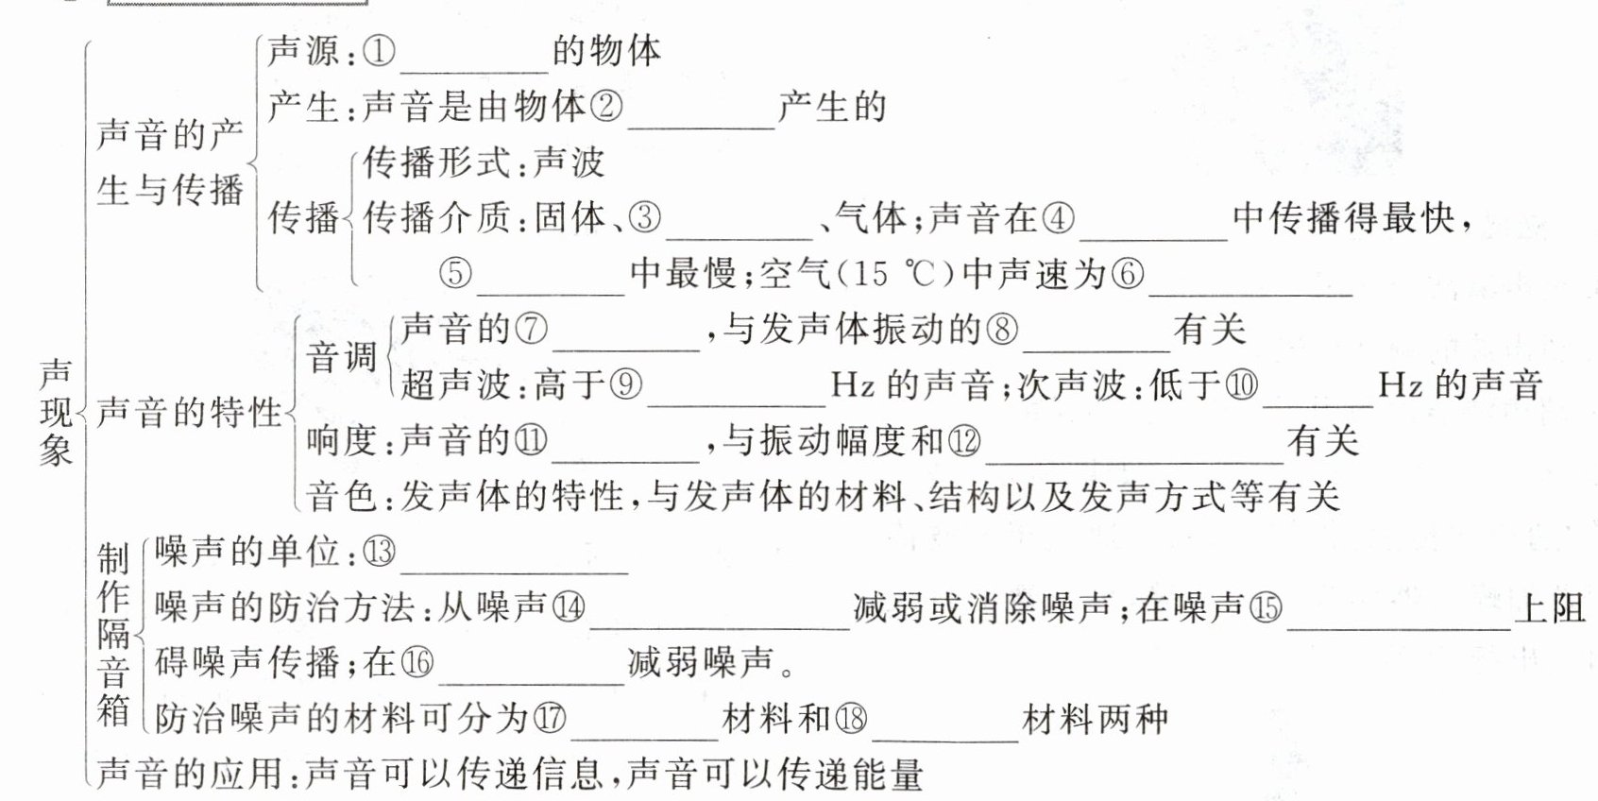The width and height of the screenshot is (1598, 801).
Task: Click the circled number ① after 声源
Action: pyautogui.click(x=380, y=51)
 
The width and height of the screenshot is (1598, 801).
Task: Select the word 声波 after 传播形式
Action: pyautogui.click(x=569, y=162)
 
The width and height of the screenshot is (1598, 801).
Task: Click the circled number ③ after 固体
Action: pyautogui.click(x=645, y=218)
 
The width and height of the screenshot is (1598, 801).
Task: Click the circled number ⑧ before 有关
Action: pyautogui.click(x=1002, y=329)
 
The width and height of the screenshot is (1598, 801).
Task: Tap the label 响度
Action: pyautogui.click(x=342, y=440)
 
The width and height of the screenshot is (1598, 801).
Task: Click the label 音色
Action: pyautogui.click(x=342, y=496)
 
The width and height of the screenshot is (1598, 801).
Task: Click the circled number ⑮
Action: pyautogui.click(x=1266, y=607)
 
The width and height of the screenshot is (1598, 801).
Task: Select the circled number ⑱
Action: pyautogui.click(x=851, y=719)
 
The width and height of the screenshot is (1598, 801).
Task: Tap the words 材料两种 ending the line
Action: pyautogui.click(x=1096, y=719)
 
